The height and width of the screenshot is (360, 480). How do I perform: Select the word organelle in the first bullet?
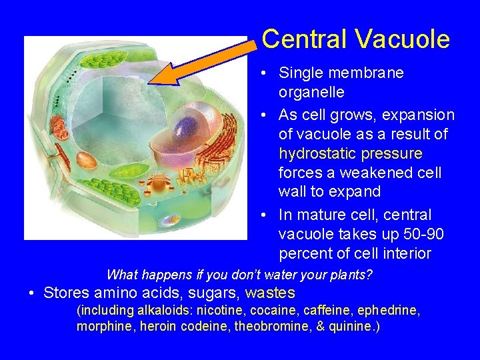click(x=311, y=91)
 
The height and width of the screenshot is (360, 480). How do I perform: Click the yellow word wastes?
click(x=270, y=293)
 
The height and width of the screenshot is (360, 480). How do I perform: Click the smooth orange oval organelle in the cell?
click(x=87, y=159)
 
